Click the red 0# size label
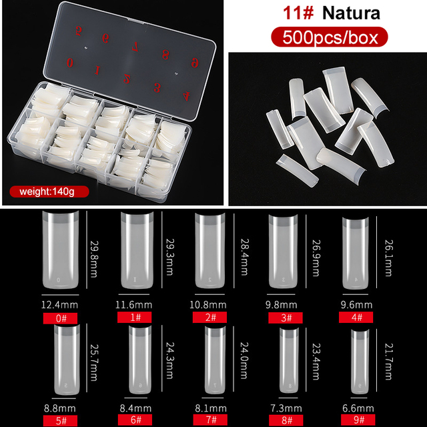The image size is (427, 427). coord(60,318)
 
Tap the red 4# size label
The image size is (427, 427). coord(356,318)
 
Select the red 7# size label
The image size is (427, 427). coord(210,420)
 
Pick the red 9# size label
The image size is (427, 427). coord(358,420)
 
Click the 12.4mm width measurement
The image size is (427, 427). coord(59,305)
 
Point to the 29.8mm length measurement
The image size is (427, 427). coord(93,259)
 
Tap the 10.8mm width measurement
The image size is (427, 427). coord(208,305)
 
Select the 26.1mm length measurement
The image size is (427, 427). coord(388,258)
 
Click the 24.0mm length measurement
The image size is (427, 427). coord(244,360)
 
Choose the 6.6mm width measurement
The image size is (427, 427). coord(358,408)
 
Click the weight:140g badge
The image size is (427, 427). coord(49,191)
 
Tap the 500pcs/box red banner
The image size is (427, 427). coord(330,37)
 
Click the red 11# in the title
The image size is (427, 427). coord(298,13)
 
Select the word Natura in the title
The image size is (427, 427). coord(351,13)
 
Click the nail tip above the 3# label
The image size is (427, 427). coord(283,251)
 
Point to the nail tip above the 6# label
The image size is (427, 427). coord(140,360)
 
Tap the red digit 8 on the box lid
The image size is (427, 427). coord(165,54)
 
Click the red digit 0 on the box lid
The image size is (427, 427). coord(70,63)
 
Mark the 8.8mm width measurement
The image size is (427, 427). coord(60,408)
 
